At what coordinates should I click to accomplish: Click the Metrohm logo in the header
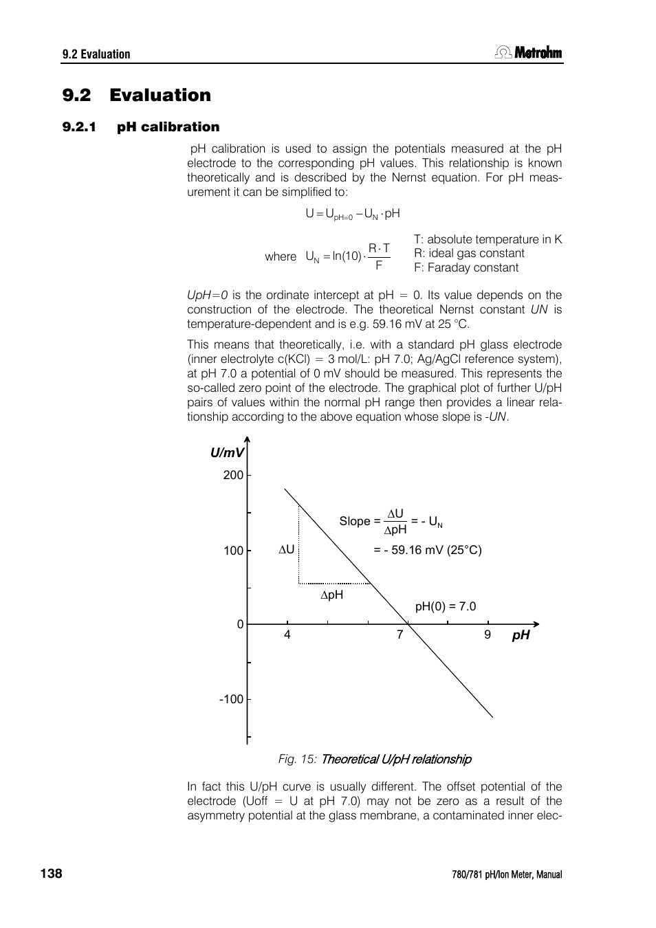pyautogui.click(x=528, y=53)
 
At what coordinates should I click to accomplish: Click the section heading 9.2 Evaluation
pyautogui.click(x=136, y=95)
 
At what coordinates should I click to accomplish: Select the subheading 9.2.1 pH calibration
pyautogui.click(x=140, y=126)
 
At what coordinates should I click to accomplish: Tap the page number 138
pyautogui.click(x=51, y=873)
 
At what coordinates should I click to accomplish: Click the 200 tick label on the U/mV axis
pyautogui.click(x=233, y=475)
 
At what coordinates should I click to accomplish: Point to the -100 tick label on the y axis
pyautogui.click(x=231, y=699)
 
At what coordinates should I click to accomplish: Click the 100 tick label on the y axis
pyautogui.click(x=233, y=551)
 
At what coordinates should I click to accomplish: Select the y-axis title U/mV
pyautogui.click(x=227, y=452)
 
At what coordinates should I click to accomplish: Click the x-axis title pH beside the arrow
pyautogui.click(x=521, y=635)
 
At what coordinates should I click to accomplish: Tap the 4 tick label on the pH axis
pyautogui.click(x=287, y=634)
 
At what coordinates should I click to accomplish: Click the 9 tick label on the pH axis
pyautogui.click(x=488, y=634)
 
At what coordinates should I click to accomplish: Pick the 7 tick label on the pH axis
pyautogui.click(x=400, y=634)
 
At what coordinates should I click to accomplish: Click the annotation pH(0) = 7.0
pyautogui.click(x=445, y=606)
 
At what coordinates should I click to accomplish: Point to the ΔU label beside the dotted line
pyautogui.click(x=286, y=550)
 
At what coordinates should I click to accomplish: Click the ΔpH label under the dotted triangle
pyautogui.click(x=331, y=595)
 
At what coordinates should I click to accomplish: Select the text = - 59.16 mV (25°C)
pyautogui.click(x=427, y=550)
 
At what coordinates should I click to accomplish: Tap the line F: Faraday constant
pyautogui.click(x=466, y=267)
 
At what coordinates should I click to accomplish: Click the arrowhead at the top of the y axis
pyautogui.click(x=247, y=441)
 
